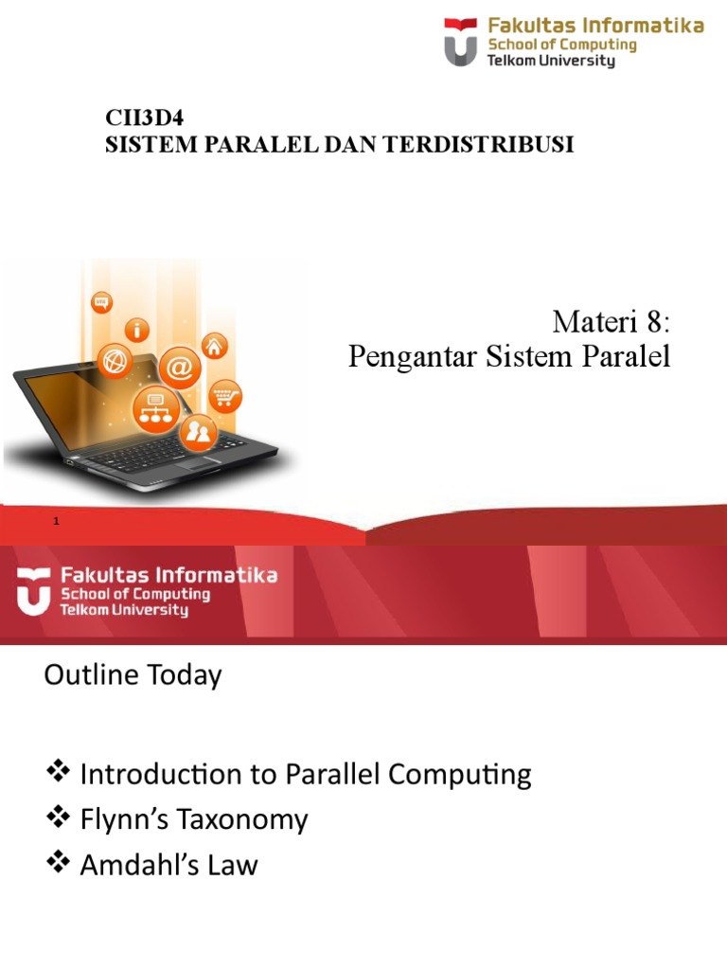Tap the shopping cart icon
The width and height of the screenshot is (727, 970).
(x=224, y=396)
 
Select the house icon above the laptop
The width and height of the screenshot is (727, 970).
(x=215, y=346)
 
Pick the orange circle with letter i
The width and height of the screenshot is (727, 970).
(x=140, y=331)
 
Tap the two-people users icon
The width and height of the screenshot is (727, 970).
(x=200, y=434)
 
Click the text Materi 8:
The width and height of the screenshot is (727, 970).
(x=611, y=323)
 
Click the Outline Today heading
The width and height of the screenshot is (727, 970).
(x=133, y=675)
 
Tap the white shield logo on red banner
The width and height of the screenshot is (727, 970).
(x=34, y=591)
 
